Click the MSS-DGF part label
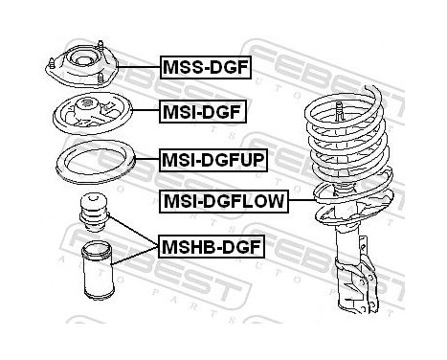click(x=206, y=67)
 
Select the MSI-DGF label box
click(x=203, y=112)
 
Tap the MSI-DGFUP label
click(x=213, y=160)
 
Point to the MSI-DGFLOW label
click(x=224, y=201)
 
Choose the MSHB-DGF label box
click(x=212, y=246)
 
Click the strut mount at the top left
click(x=82, y=64)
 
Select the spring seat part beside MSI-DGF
click(x=92, y=114)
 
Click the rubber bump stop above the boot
click(x=94, y=213)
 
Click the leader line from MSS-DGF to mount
click(x=139, y=67)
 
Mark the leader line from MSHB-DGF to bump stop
click(x=133, y=231)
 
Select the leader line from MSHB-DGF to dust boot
click(x=134, y=256)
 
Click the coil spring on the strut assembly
click(x=348, y=150)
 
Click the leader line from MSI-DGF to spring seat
click(x=145, y=110)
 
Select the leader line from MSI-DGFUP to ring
click(x=147, y=158)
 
